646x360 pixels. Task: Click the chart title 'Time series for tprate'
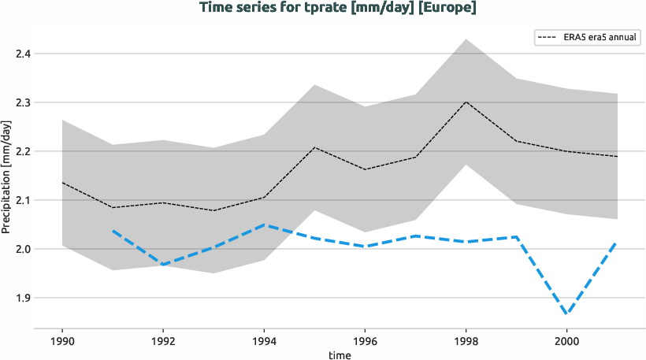(x=339, y=8)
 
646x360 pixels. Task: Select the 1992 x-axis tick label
(x=162, y=342)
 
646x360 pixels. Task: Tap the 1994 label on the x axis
(x=263, y=342)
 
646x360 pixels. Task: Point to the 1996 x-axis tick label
(x=364, y=342)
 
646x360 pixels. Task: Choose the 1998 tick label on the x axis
(x=465, y=342)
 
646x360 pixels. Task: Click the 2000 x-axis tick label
(x=566, y=342)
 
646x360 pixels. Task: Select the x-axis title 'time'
(x=340, y=355)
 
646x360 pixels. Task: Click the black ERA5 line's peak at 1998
(x=465, y=102)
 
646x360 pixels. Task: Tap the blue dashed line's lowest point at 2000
(x=566, y=314)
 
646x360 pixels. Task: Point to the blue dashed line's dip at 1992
(x=162, y=265)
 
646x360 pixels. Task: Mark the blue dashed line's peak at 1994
(x=263, y=225)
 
